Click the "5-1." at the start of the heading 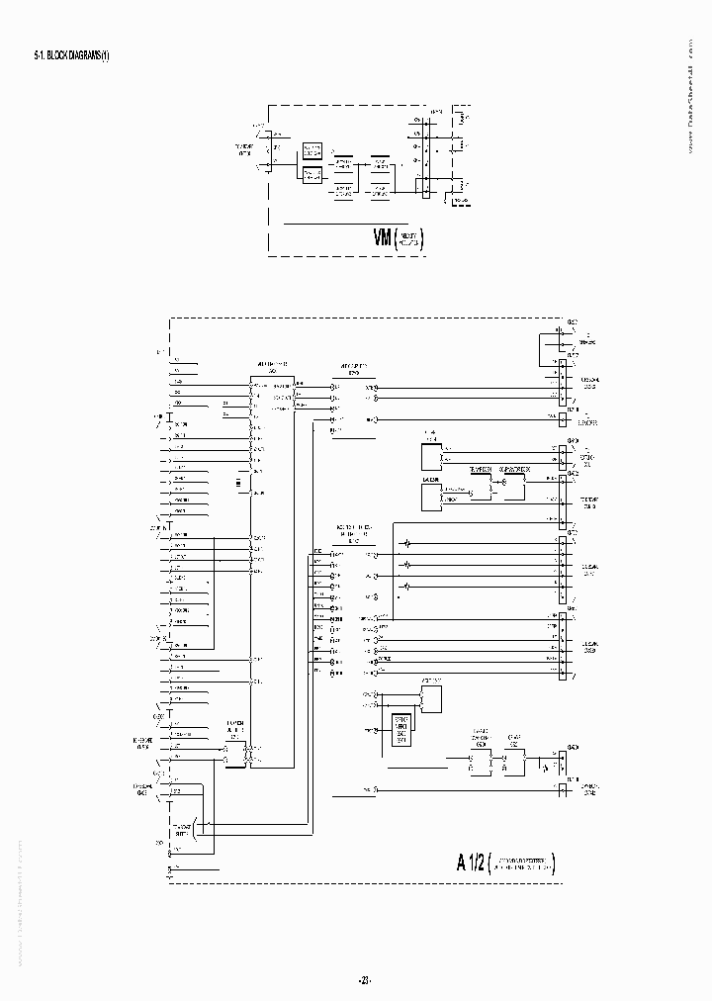pos(40,56)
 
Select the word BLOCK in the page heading pos(59,56)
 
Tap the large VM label pos(383,237)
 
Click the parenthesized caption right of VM pos(411,238)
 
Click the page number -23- pos(363,980)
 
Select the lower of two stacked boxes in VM pos(311,174)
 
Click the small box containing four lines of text pos(400,728)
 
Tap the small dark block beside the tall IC pos(237,482)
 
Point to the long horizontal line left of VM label pos(326,225)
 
